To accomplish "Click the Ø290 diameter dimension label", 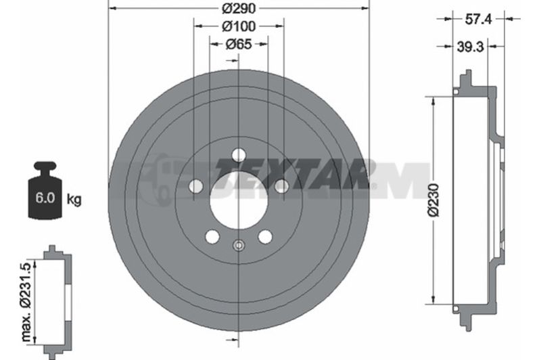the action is (239, 8).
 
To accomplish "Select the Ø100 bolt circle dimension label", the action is (239, 26).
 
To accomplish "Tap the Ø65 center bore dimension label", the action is (239, 44).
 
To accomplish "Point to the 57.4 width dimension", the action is (478, 19).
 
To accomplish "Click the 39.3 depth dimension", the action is (471, 46).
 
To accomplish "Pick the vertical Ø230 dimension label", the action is (433, 200).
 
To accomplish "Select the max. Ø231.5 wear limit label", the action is (27, 302).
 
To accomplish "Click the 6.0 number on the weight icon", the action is (45, 198).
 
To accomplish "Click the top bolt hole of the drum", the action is (239, 154).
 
